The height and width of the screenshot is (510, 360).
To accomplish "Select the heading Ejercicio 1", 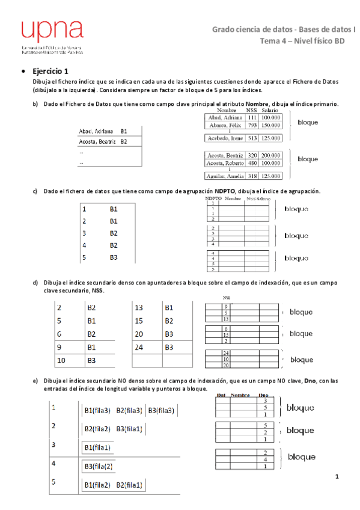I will (55, 70).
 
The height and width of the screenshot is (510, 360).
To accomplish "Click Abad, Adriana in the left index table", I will (96, 131).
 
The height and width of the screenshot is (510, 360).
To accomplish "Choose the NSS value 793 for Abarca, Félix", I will (252, 125).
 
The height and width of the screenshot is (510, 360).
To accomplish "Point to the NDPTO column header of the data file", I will (213, 198).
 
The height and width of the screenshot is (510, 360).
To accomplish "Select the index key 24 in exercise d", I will (138, 347).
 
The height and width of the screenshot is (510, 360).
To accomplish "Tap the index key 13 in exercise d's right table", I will (138, 307).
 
